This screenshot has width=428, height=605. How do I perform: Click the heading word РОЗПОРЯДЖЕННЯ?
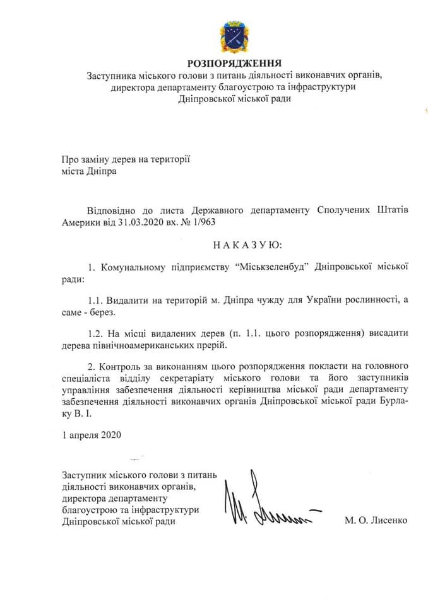[234, 63]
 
